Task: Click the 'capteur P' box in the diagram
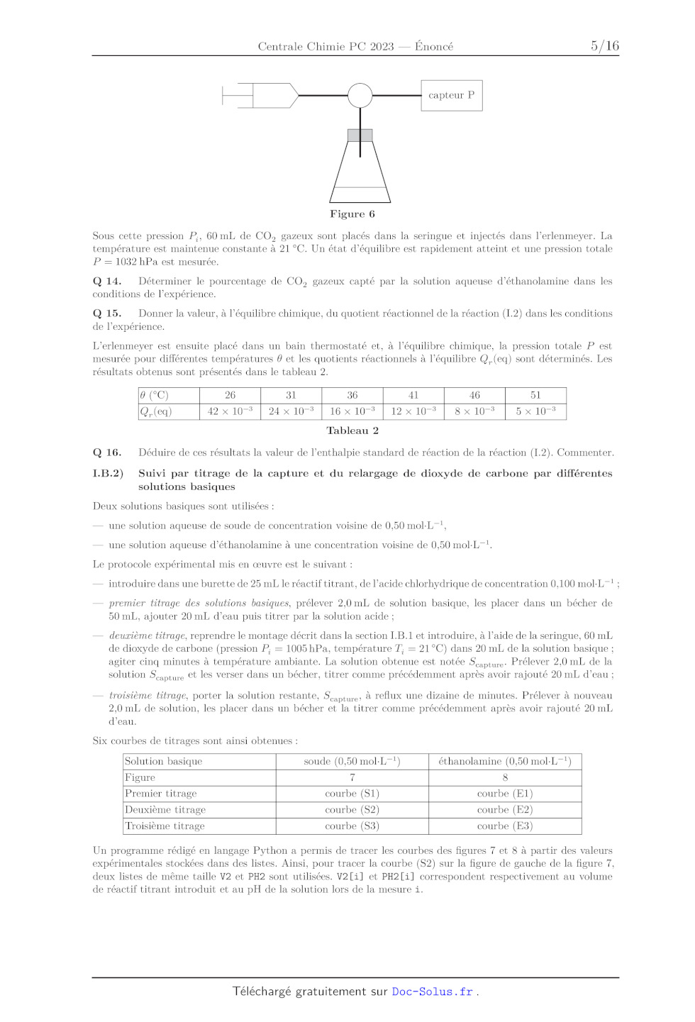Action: point(451,95)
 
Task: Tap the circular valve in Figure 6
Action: point(360,95)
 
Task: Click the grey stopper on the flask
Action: point(360,135)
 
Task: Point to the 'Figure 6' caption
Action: point(352,214)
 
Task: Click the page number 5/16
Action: point(604,46)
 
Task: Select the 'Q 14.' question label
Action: point(107,282)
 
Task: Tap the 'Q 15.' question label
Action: point(107,313)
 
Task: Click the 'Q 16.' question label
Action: point(107,452)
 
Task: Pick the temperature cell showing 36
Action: point(352,395)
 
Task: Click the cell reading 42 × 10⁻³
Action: point(230,411)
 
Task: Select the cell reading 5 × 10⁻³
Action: point(535,411)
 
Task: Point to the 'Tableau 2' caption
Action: point(352,431)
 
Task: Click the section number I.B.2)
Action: point(108,473)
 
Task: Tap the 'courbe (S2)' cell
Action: point(352,810)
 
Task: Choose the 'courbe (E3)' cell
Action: point(505,826)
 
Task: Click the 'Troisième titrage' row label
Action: point(165,826)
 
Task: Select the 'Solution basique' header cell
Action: point(164,762)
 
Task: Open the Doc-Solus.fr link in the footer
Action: point(433,992)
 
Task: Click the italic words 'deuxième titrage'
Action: point(148,635)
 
